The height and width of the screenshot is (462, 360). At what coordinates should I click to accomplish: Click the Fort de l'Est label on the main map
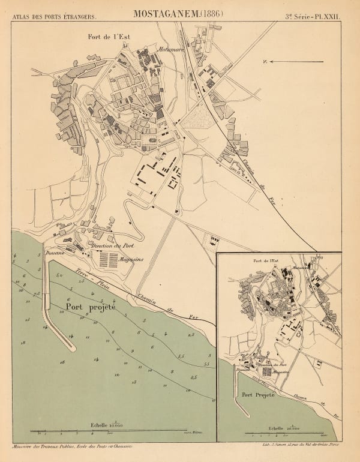point(109,37)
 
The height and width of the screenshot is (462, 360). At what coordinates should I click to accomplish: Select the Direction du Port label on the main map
point(116,246)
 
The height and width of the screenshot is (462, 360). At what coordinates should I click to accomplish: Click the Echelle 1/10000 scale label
point(109,424)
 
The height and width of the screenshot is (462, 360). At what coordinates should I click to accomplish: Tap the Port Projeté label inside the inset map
point(258,396)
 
